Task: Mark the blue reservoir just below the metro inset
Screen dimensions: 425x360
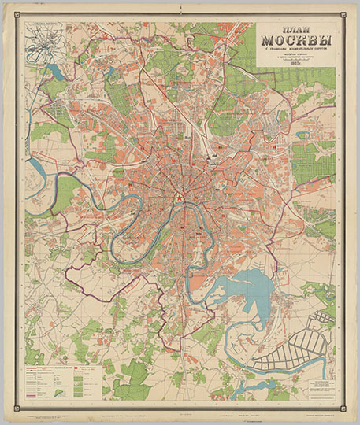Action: coord(55,73)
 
